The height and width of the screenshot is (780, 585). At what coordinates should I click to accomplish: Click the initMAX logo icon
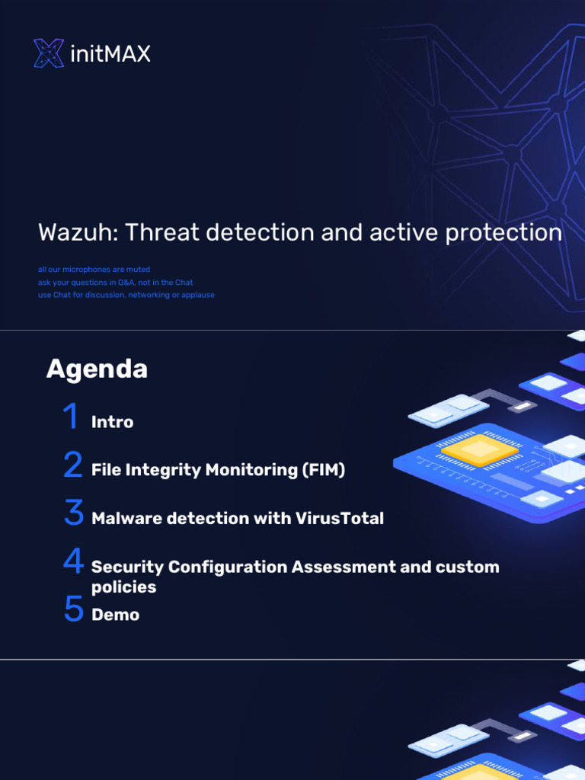(x=49, y=53)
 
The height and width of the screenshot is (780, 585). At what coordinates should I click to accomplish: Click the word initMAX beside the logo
(x=110, y=54)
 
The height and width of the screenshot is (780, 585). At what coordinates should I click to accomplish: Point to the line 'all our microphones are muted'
(x=94, y=270)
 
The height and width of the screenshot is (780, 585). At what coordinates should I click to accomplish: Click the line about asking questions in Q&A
(x=115, y=283)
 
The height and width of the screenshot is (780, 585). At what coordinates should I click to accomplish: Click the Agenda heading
(x=97, y=369)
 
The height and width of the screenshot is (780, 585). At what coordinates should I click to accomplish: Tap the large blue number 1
(x=71, y=417)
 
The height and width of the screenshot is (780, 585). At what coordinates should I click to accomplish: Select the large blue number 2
(x=73, y=465)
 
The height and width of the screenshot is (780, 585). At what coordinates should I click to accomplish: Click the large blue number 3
(x=73, y=513)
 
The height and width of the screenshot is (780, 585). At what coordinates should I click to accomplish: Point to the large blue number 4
(x=73, y=562)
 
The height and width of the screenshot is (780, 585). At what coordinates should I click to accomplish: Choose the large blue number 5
(x=73, y=609)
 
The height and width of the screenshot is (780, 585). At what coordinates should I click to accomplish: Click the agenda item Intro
(x=112, y=422)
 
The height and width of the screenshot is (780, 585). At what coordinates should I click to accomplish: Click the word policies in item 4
(x=123, y=587)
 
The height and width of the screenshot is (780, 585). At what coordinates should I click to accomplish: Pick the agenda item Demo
(x=115, y=615)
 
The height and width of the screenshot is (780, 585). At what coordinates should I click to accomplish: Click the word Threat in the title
(x=160, y=232)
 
